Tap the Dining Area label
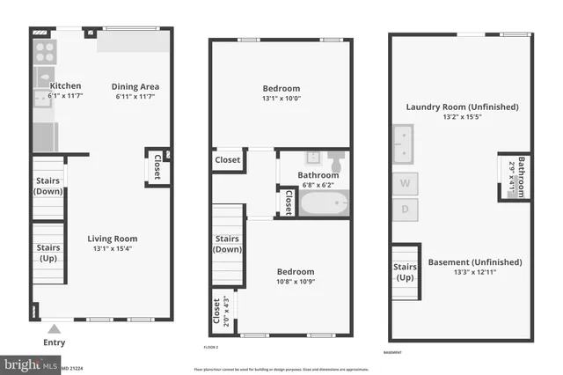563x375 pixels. coord(135,86)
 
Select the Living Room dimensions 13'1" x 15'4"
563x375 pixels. coord(112,248)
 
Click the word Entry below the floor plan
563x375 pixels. coord(53,342)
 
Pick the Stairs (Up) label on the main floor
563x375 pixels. coord(48,254)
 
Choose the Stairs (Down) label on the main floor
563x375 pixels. coord(48,186)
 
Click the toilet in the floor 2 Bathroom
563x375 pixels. coord(336,164)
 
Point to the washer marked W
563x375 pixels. coord(405,184)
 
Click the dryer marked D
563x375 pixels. coord(405,210)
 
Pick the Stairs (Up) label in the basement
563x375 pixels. coord(405,273)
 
